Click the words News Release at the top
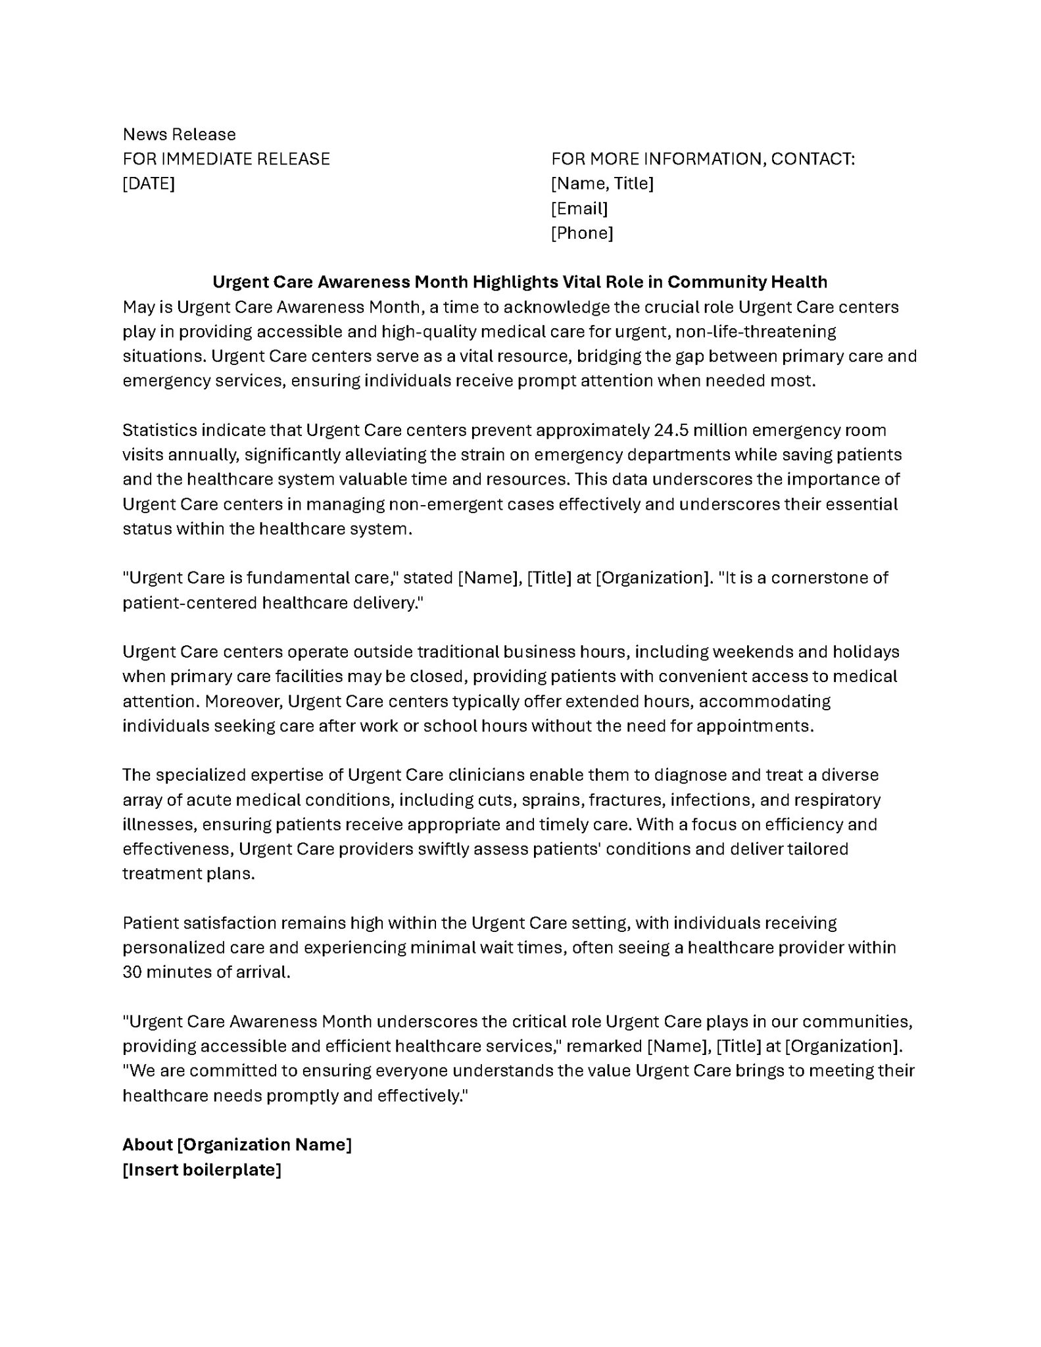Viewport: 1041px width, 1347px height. [x=179, y=134]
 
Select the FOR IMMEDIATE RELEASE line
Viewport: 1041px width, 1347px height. [x=226, y=159]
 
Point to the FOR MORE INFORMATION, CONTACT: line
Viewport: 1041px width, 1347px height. [x=702, y=159]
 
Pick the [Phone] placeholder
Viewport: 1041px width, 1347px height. [x=581, y=233]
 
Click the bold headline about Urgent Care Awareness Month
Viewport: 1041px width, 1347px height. [x=520, y=282]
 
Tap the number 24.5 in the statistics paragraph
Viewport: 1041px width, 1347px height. [x=671, y=430]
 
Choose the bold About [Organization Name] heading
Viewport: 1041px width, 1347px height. [x=237, y=1145]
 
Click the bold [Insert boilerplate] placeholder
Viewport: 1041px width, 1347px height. [x=201, y=1170]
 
